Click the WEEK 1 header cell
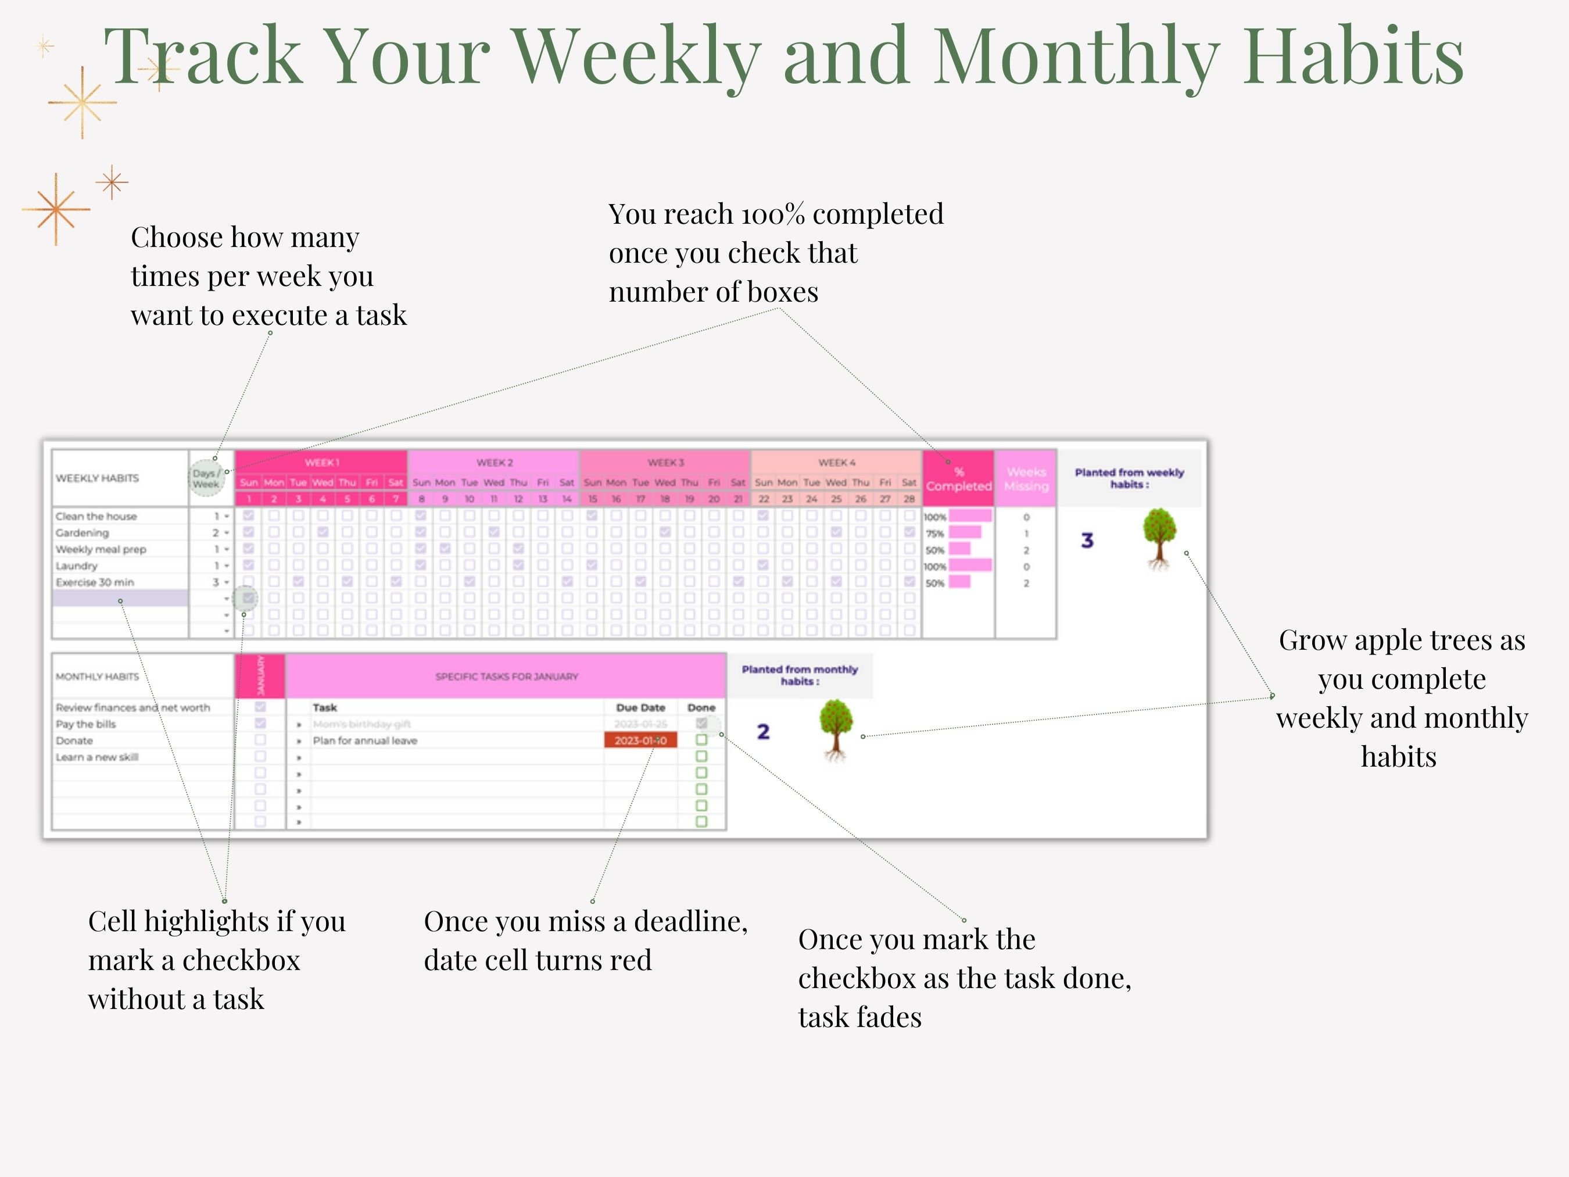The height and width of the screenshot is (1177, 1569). [321, 463]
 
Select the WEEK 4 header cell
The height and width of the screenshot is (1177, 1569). [836, 463]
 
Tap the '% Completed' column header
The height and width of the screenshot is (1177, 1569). [958, 479]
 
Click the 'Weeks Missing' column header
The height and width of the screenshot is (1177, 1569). [1026, 479]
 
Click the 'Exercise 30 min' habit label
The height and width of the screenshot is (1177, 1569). [95, 582]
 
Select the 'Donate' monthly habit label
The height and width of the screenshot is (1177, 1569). [74, 740]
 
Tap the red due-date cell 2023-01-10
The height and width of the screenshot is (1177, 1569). [640, 740]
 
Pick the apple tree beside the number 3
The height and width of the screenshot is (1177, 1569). [1159, 537]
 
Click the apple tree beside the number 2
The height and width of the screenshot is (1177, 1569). [836, 729]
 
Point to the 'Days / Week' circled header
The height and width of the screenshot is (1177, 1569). [206, 479]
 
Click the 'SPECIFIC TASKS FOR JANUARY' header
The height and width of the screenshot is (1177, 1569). [507, 677]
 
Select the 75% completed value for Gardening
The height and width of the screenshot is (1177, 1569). [935, 534]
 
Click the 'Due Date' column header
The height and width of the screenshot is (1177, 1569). [640, 707]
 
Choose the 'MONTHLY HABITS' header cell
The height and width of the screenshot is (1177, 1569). [97, 677]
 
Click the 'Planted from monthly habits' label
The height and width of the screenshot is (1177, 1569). [800, 675]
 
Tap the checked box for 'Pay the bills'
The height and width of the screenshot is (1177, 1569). [260, 724]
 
